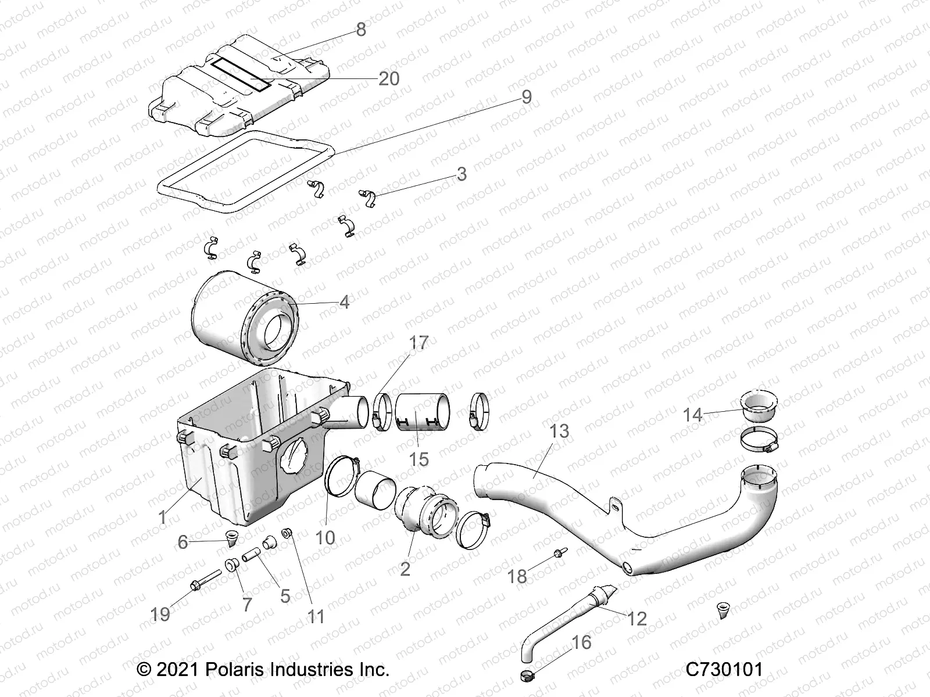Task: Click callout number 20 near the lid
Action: pyautogui.click(x=389, y=78)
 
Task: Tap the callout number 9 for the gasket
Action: pyautogui.click(x=526, y=96)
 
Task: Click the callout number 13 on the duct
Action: pyautogui.click(x=560, y=432)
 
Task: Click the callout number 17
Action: pyautogui.click(x=419, y=343)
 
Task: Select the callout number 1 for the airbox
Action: pyautogui.click(x=162, y=516)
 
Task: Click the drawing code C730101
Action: pyautogui.click(x=724, y=670)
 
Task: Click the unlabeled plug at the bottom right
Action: pyautogui.click(x=724, y=609)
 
